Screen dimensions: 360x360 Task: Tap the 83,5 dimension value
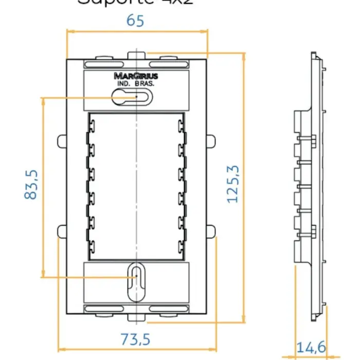point(31,185)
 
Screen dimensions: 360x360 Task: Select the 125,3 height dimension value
point(233,184)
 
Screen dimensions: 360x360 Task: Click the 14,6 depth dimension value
point(311,347)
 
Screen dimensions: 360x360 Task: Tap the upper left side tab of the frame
point(62,141)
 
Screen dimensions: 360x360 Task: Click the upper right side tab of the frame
point(211,141)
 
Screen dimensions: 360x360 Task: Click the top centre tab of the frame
point(136,55)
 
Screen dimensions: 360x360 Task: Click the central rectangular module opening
point(136,185)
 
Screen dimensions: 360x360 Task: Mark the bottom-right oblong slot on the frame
point(168,309)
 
